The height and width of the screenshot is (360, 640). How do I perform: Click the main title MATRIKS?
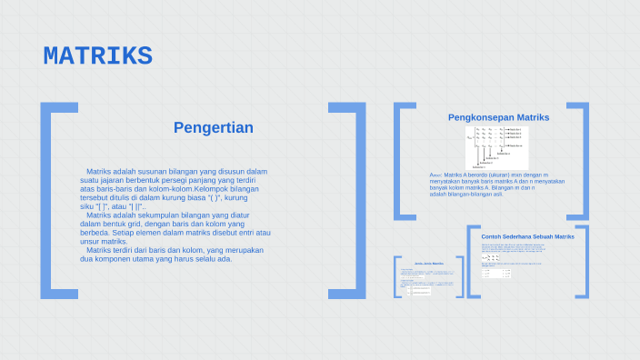[97, 56]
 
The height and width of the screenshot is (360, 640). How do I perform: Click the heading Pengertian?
[213, 127]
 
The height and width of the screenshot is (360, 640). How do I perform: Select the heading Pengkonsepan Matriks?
[498, 117]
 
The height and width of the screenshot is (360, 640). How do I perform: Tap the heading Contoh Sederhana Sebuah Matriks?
[527, 236]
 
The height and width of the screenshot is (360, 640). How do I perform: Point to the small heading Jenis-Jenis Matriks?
[428, 263]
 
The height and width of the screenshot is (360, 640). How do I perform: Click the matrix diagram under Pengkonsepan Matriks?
[496, 146]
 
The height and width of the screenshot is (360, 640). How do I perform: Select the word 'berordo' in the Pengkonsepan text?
[474, 175]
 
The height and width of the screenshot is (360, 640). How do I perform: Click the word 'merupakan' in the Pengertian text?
[245, 250]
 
